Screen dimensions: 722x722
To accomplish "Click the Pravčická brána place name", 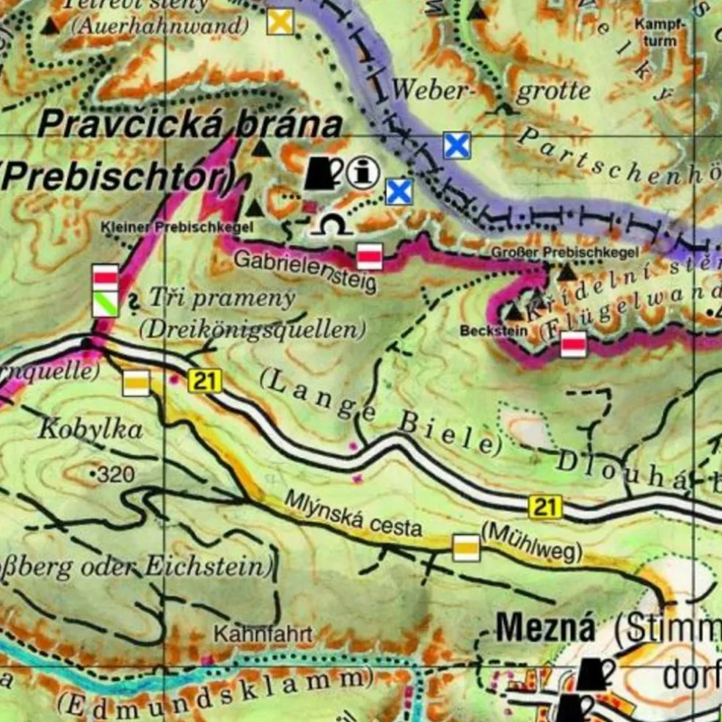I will pos(189,124).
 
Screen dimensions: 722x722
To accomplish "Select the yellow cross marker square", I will pos(280,21).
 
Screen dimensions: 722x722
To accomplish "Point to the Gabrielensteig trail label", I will pos(305,269).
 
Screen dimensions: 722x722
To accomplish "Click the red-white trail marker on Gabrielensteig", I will pos(369,256).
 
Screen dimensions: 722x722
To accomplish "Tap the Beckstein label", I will pos(484,331).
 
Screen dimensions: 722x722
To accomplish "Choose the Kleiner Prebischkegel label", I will pos(177,227).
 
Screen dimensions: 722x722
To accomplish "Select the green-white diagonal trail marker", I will pos(105,304).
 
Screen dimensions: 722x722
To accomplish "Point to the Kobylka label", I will pos(90,430).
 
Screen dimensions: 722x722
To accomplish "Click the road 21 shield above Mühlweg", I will pos(544,506).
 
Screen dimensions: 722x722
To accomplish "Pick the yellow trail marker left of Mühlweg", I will pos(466,547).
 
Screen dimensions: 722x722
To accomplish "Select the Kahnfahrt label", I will pos(263,634).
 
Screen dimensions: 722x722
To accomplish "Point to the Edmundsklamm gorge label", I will pos(214,690).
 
